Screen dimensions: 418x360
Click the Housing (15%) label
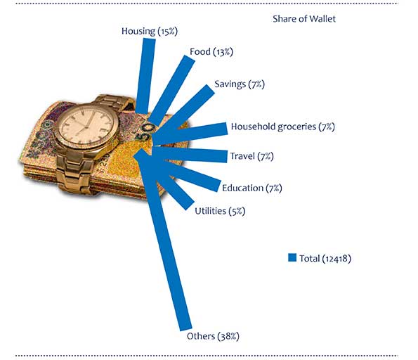149,31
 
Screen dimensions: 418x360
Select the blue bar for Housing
145,76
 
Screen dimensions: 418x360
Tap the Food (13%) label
211,51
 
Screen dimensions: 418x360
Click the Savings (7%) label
240,84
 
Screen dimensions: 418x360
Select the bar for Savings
184,112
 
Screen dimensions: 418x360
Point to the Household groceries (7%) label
282,127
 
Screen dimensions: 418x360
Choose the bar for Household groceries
190,134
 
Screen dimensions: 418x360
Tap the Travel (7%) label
252,156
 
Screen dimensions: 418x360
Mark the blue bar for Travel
190,155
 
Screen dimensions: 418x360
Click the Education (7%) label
252,188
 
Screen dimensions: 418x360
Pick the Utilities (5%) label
220,211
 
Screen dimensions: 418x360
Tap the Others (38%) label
213,336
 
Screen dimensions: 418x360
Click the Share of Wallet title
304,19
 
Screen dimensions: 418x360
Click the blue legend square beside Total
292,257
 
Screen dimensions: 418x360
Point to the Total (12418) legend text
325,258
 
